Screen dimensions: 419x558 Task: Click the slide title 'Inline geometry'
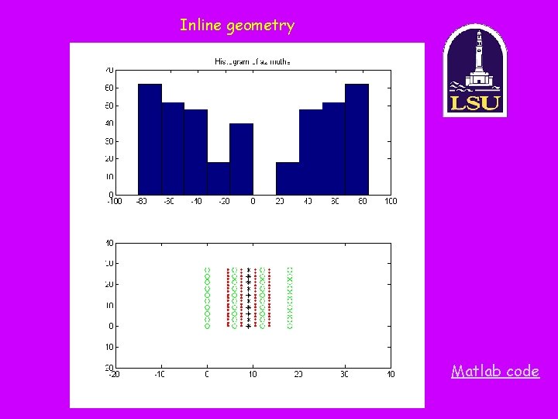point(237,26)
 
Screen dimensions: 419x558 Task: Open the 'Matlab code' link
point(495,371)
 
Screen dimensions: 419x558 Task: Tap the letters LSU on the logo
point(474,103)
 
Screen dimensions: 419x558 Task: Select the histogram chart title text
point(252,61)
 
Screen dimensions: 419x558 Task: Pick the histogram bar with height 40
point(242,159)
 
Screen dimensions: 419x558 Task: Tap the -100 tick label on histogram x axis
point(113,202)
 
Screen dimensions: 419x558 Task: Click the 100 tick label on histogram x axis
point(390,202)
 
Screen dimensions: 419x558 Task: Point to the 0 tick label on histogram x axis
point(253,202)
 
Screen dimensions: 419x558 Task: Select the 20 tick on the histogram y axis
point(110,158)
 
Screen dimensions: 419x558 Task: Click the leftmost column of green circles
point(207,299)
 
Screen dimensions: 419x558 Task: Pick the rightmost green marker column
point(290,299)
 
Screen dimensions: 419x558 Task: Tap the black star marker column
point(248,299)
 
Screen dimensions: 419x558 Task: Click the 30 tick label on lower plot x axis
point(344,375)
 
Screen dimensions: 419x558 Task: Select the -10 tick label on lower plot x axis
point(160,375)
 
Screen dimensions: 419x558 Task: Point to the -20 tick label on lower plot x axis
point(113,375)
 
